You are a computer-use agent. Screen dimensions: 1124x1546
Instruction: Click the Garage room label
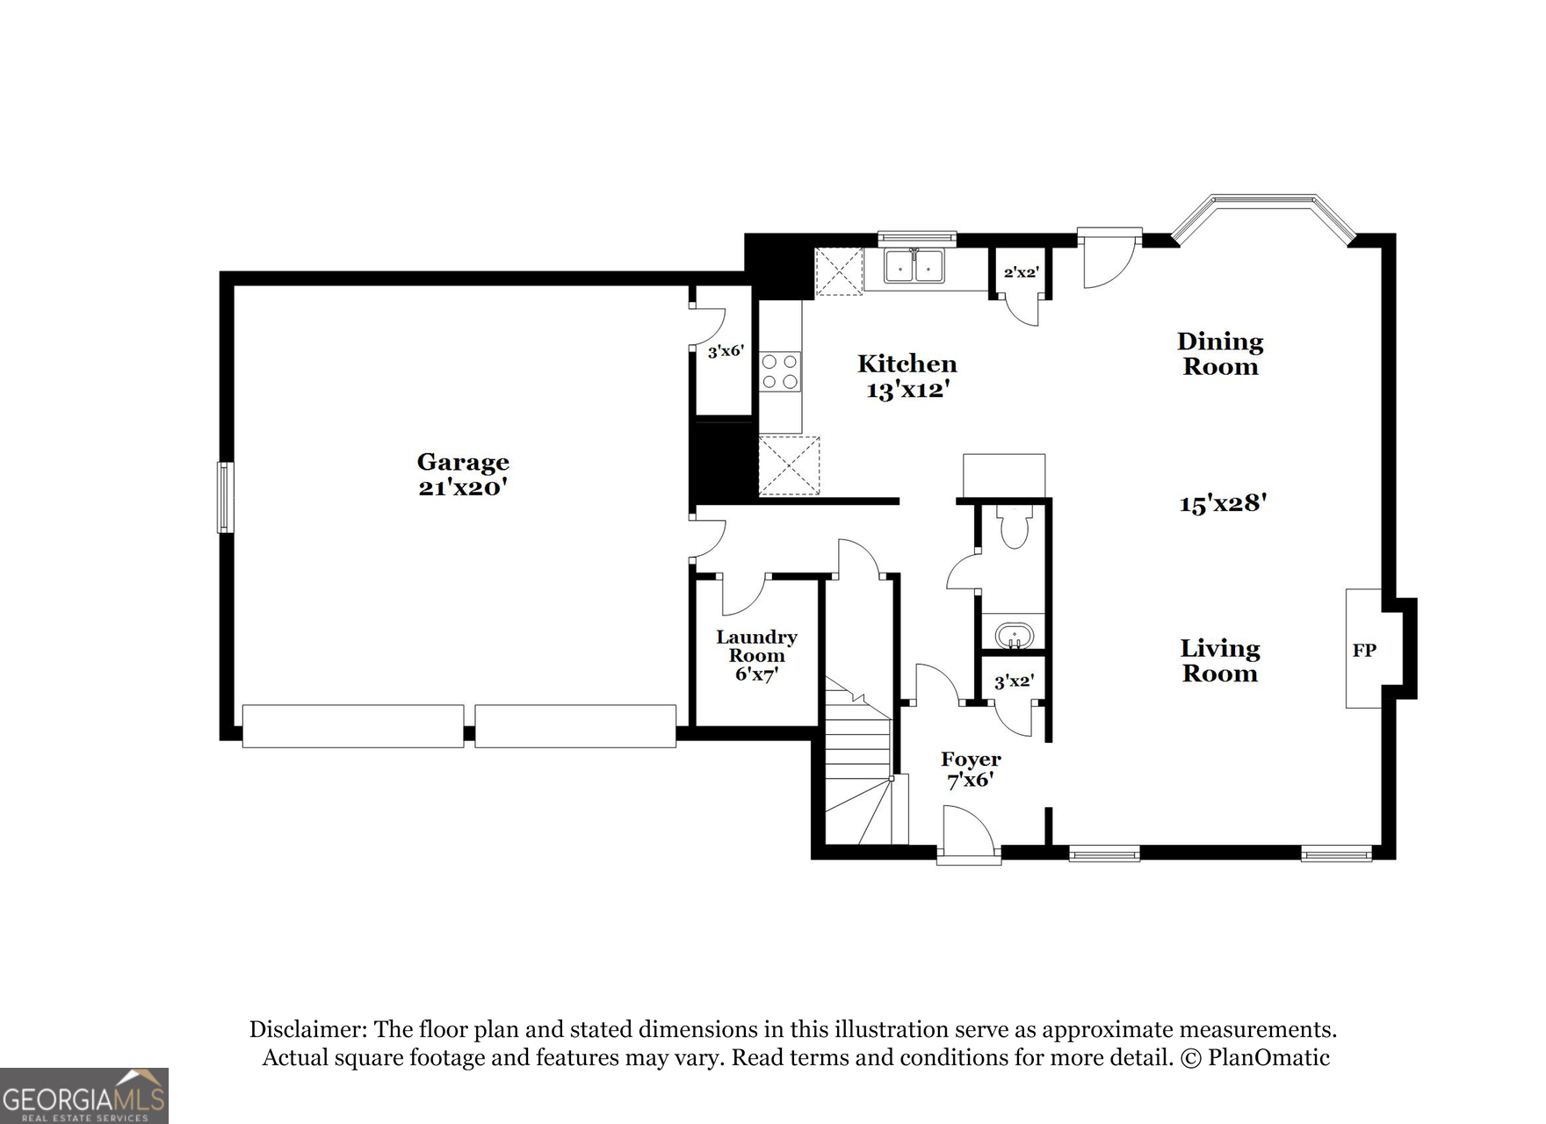click(463, 462)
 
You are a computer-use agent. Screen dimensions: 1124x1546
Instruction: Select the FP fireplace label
click(1363, 651)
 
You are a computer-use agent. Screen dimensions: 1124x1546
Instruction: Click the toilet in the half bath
click(1014, 527)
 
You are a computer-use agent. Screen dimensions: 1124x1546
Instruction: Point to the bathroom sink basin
click(1015, 634)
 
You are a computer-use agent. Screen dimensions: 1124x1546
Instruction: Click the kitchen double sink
click(914, 266)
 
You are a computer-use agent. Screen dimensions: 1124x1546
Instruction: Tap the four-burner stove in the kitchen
click(780, 371)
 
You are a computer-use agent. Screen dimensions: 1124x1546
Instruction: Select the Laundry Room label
click(756, 646)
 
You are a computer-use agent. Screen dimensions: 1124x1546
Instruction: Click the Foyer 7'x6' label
click(971, 769)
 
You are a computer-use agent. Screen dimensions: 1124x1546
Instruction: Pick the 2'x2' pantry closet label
click(1022, 273)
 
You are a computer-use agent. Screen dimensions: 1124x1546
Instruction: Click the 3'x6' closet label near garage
click(726, 351)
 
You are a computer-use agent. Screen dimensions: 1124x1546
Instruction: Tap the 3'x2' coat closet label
click(1014, 681)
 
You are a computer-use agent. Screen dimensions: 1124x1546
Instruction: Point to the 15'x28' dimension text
click(1222, 503)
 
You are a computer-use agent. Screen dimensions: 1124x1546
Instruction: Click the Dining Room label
click(1220, 354)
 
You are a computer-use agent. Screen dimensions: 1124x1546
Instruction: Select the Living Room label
click(1219, 661)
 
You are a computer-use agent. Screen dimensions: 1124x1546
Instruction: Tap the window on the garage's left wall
click(226, 497)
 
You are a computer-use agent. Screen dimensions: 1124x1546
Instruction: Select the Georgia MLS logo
click(83, 1097)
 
